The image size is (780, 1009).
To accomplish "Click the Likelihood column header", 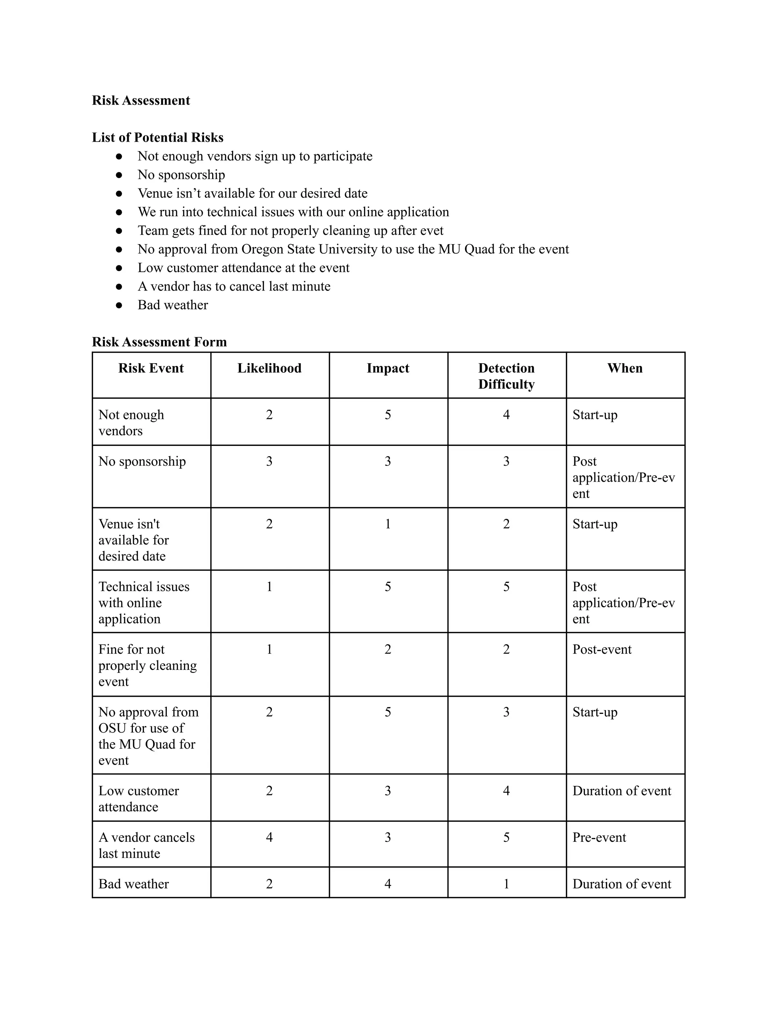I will [x=269, y=368].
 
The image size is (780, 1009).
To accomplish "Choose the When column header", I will [x=625, y=368].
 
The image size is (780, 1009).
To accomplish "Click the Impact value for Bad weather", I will [x=388, y=883].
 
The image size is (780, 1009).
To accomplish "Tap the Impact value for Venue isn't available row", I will [x=388, y=524].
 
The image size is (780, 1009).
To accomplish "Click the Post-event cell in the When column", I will [x=602, y=649].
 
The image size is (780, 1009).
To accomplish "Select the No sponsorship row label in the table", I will [x=142, y=461].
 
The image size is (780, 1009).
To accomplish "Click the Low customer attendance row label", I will [x=138, y=798].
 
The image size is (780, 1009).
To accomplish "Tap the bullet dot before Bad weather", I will [x=119, y=305].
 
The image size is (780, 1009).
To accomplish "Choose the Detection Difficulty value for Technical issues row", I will [x=506, y=586].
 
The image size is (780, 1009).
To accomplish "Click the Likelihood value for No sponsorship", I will [x=269, y=461].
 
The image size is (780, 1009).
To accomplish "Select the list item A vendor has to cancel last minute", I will [x=234, y=286].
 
